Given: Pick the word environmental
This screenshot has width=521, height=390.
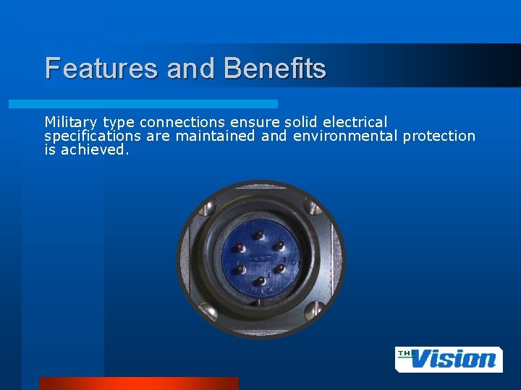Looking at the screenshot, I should pyautogui.click(x=346, y=136).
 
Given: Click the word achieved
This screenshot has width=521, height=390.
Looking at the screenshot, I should pyautogui.click(x=95, y=149).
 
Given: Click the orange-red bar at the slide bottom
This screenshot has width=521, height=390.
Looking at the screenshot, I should pyautogui.click(x=138, y=383).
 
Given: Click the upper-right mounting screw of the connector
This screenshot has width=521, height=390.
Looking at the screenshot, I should pyautogui.click(x=314, y=208).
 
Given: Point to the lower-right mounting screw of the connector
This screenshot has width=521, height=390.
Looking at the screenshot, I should pyautogui.click(x=313, y=311).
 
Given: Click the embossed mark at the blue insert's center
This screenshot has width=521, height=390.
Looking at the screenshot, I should pyautogui.click(x=258, y=259).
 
